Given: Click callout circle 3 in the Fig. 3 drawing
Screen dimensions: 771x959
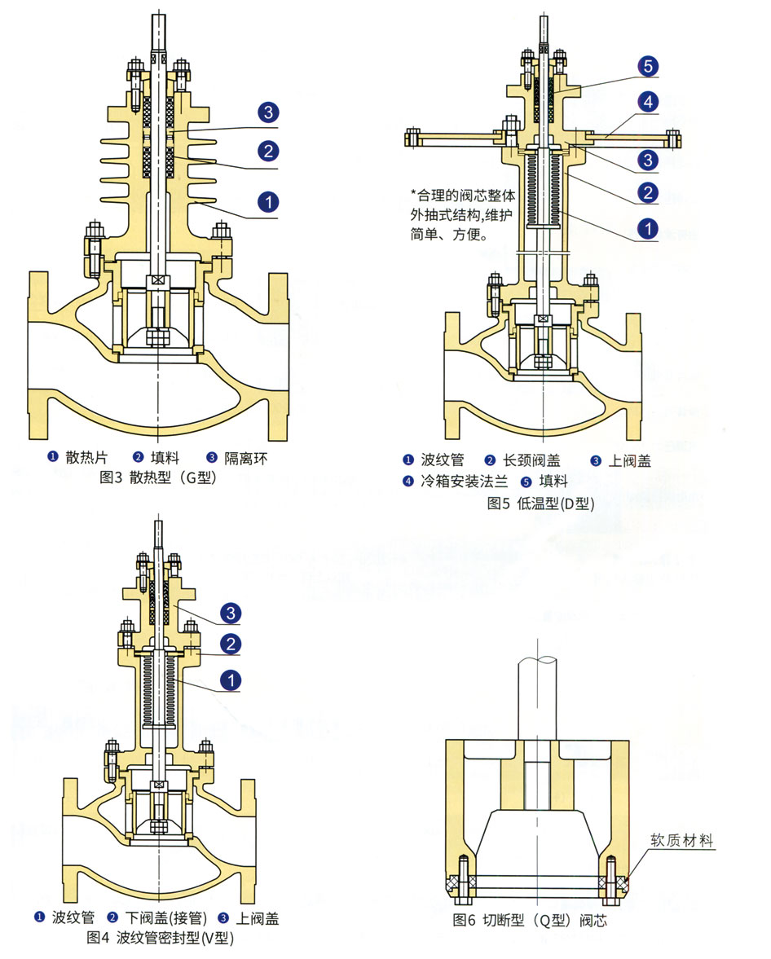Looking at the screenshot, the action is [x=268, y=112].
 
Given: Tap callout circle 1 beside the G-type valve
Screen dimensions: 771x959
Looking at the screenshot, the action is [x=268, y=202].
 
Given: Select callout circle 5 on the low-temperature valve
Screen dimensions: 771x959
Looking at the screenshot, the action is [x=648, y=66].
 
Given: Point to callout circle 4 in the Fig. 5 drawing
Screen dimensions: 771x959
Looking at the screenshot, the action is [x=648, y=102].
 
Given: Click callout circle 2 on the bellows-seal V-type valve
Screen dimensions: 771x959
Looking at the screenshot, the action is [x=231, y=644].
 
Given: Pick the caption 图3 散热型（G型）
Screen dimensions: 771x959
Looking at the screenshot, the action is [x=158, y=477].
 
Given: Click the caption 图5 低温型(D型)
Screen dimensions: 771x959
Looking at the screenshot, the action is [x=541, y=504].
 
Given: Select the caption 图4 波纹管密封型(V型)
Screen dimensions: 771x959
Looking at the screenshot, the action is [x=161, y=938].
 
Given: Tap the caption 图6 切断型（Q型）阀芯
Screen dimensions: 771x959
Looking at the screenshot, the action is [x=530, y=920].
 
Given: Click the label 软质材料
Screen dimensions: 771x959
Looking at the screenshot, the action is [x=681, y=840].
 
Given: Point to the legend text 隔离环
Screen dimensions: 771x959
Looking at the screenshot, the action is [x=245, y=458].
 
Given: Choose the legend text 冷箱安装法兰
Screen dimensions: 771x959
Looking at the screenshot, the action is [x=465, y=482].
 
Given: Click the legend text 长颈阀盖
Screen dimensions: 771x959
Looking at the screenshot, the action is [x=531, y=460].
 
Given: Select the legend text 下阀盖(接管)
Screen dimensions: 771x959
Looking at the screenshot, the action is [x=166, y=918].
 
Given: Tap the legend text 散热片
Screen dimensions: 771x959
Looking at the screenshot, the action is [x=86, y=457].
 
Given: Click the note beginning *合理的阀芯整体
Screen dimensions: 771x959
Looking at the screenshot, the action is [x=463, y=214].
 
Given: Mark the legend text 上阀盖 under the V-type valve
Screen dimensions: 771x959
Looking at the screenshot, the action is [x=258, y=918].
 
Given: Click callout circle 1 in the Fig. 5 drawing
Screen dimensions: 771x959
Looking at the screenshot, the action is [x=648, y=229].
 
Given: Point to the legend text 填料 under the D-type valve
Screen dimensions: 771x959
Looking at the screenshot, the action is [x=553, y=482].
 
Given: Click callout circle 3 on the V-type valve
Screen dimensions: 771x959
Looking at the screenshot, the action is [x=231, y=613].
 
